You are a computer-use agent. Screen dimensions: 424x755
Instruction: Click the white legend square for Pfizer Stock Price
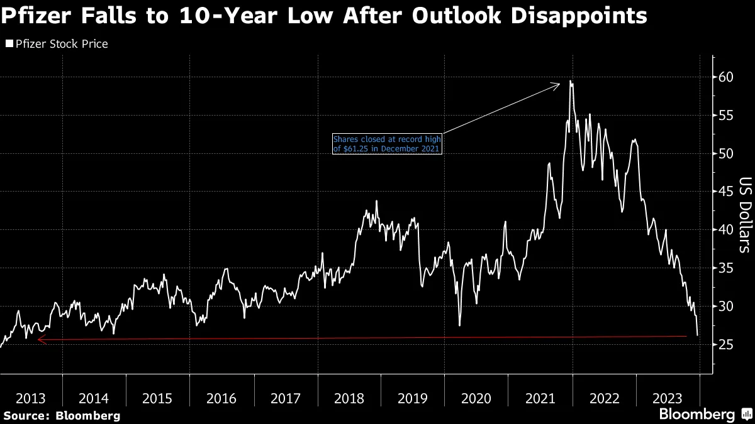[9, 44]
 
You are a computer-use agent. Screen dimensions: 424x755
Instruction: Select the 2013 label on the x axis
[31, 398]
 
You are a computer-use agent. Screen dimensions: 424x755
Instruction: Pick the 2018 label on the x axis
[349, 398]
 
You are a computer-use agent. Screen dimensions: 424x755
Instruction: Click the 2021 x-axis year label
[540, 398]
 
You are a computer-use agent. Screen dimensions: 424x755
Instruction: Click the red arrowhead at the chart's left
[40, 340]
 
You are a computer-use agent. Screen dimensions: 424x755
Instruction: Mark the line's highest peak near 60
[570, 80]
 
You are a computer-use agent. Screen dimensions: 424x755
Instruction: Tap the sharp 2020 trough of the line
[460, 325]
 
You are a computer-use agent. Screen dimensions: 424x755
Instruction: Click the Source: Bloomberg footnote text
[61, 415]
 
